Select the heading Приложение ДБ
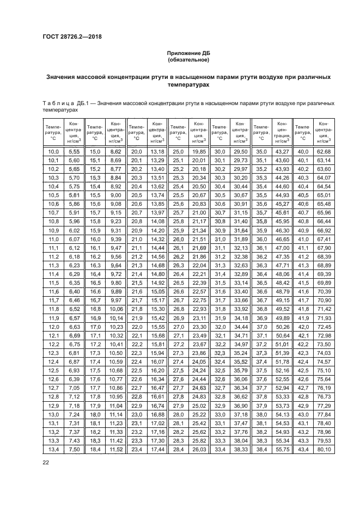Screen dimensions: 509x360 188,53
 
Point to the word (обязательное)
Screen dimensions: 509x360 188,60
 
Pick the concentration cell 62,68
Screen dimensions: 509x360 325,151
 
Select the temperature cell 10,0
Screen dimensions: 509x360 53,151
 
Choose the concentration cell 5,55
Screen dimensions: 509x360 74,151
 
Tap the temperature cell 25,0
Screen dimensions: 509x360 178,151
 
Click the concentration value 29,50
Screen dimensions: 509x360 240,151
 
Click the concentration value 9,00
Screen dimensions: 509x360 115,194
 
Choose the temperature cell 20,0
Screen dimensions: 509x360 137,151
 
